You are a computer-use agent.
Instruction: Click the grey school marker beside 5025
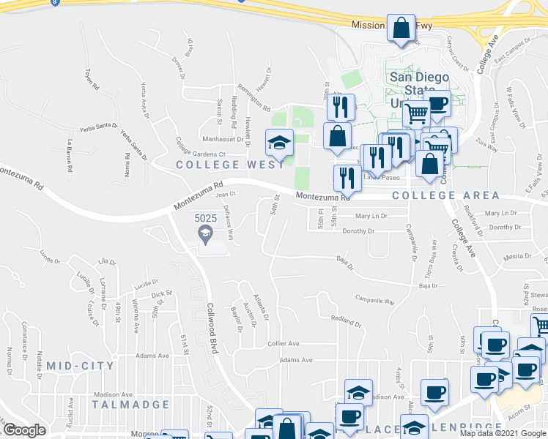point(206,234)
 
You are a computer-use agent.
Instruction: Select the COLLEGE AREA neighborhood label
point(445,195)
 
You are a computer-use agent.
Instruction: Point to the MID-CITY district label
point(80,365)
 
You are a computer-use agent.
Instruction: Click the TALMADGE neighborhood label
point(130,404)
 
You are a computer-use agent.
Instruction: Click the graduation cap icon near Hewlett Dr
point(279,143)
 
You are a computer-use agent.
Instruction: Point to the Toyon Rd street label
point(92,79)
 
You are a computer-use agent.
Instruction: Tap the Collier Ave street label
point(284,343)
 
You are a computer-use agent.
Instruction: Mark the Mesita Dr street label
point(517,257)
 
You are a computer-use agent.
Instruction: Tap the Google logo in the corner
point(24,430)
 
